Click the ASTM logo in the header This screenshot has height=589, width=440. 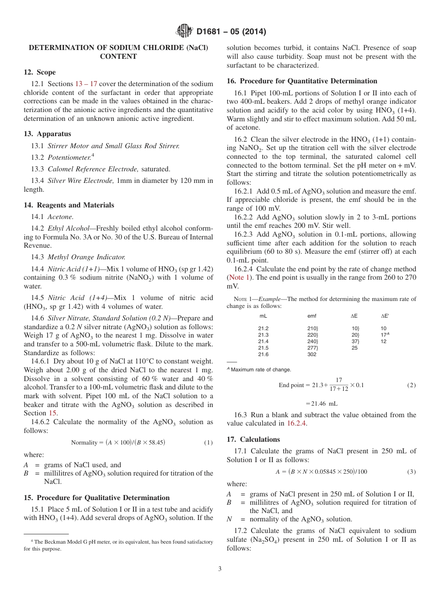click(x=185, y=32)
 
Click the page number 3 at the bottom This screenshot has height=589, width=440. click(x=220, y=569)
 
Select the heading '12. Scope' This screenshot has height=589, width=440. click(x=39, y=72)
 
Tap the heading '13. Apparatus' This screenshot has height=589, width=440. click(x=47, y=134)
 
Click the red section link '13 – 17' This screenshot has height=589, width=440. click(x=86, y=84)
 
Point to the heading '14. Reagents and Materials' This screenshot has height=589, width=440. click(x=69, y=205)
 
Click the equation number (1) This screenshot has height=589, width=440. click(x=208, y=443)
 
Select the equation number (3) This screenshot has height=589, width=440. click(x=411, y=472)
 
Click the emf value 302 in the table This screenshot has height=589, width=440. click(x=312, y=354)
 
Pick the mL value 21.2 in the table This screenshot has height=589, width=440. click(x=263, y=328)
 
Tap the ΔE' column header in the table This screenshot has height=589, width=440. click(x=384, y=316)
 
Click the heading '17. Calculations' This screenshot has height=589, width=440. click(x=253, y=439)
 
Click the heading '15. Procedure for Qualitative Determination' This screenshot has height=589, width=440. click(x=96, y=498)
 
